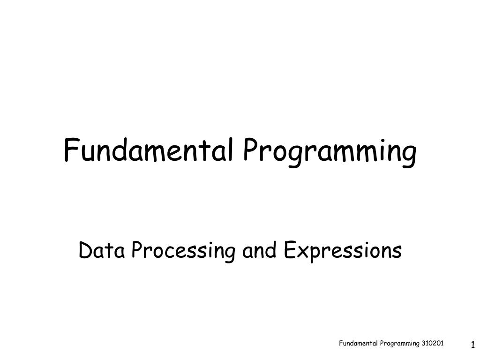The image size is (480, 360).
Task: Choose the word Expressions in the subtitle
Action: tap(343, 252)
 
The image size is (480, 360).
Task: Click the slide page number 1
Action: tap(473, 345)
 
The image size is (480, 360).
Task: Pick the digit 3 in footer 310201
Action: tap(423, 344)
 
